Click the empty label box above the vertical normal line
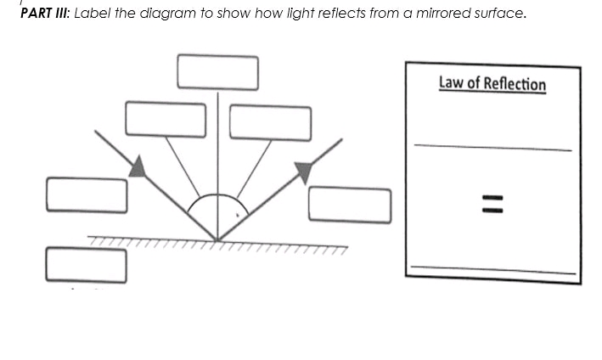pos(217,71)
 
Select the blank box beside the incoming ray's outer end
pos(87,194)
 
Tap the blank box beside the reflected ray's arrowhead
pos(349,204)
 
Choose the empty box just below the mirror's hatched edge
pos(87,264)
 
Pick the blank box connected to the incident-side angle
pos(166,119)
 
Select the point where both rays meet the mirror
pos(217,239)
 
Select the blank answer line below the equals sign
pos(492,268)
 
